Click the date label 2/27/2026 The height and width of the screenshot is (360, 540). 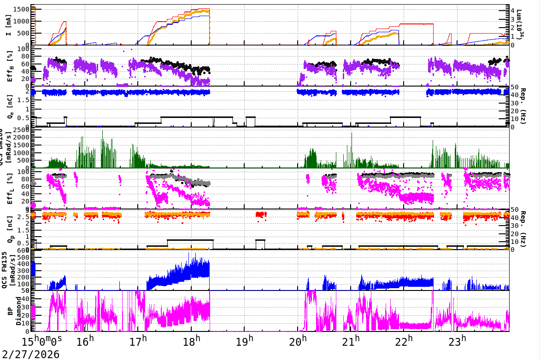(30, 354)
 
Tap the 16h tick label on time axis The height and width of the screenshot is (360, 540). (85, 342)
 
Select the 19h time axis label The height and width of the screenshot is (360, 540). (245, 342)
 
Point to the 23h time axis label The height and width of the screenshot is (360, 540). (457, 342)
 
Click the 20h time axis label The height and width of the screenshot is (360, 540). (298, 342)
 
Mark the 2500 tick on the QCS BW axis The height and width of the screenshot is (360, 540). (23, 130)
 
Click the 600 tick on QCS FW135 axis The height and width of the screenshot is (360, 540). (24, 250)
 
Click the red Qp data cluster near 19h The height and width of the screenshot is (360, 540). (261, 215)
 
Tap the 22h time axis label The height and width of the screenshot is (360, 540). (404, 342)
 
